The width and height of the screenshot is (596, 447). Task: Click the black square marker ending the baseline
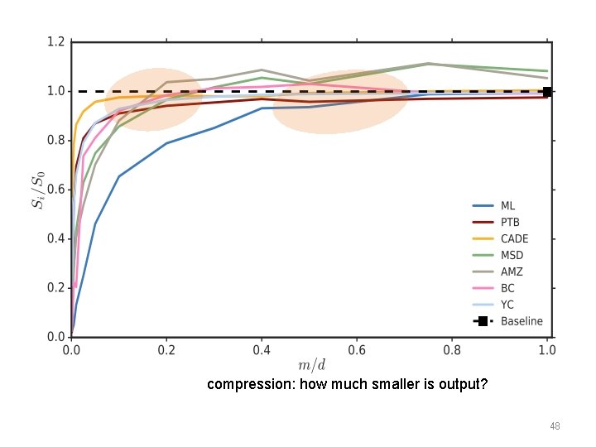coord(547,92)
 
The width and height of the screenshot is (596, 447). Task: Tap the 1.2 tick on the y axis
coord(55,41)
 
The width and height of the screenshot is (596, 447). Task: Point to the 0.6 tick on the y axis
coord(55,190)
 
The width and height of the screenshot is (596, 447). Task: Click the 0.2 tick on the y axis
coord(55,288)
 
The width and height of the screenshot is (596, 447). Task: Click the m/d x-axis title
coord(310,366)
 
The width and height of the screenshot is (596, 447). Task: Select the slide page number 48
coord(555,426)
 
